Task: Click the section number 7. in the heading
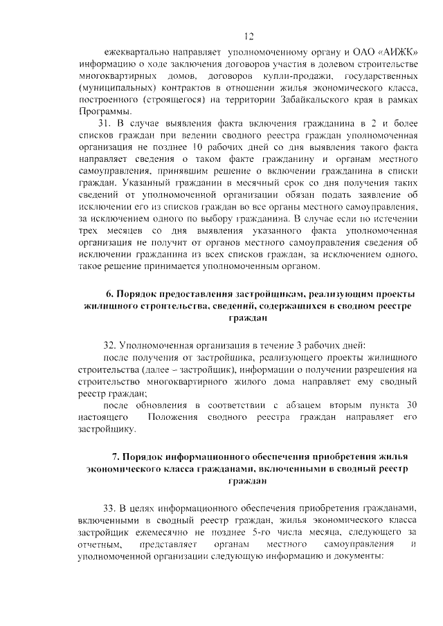(116, 456)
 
